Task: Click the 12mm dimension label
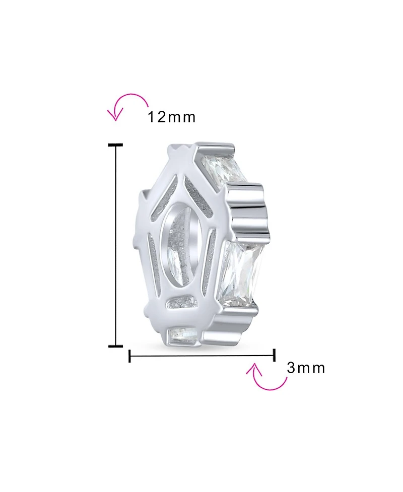click(x=172, y=117)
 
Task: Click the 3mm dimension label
click(x=306, y=368)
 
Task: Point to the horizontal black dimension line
click(x=203, y=356)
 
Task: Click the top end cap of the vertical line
click(x=115, y=145)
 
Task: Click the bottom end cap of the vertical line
click(x=115, y=346)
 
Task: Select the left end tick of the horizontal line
click(x=129, y=356)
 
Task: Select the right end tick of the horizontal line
click(x=275, y=355)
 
